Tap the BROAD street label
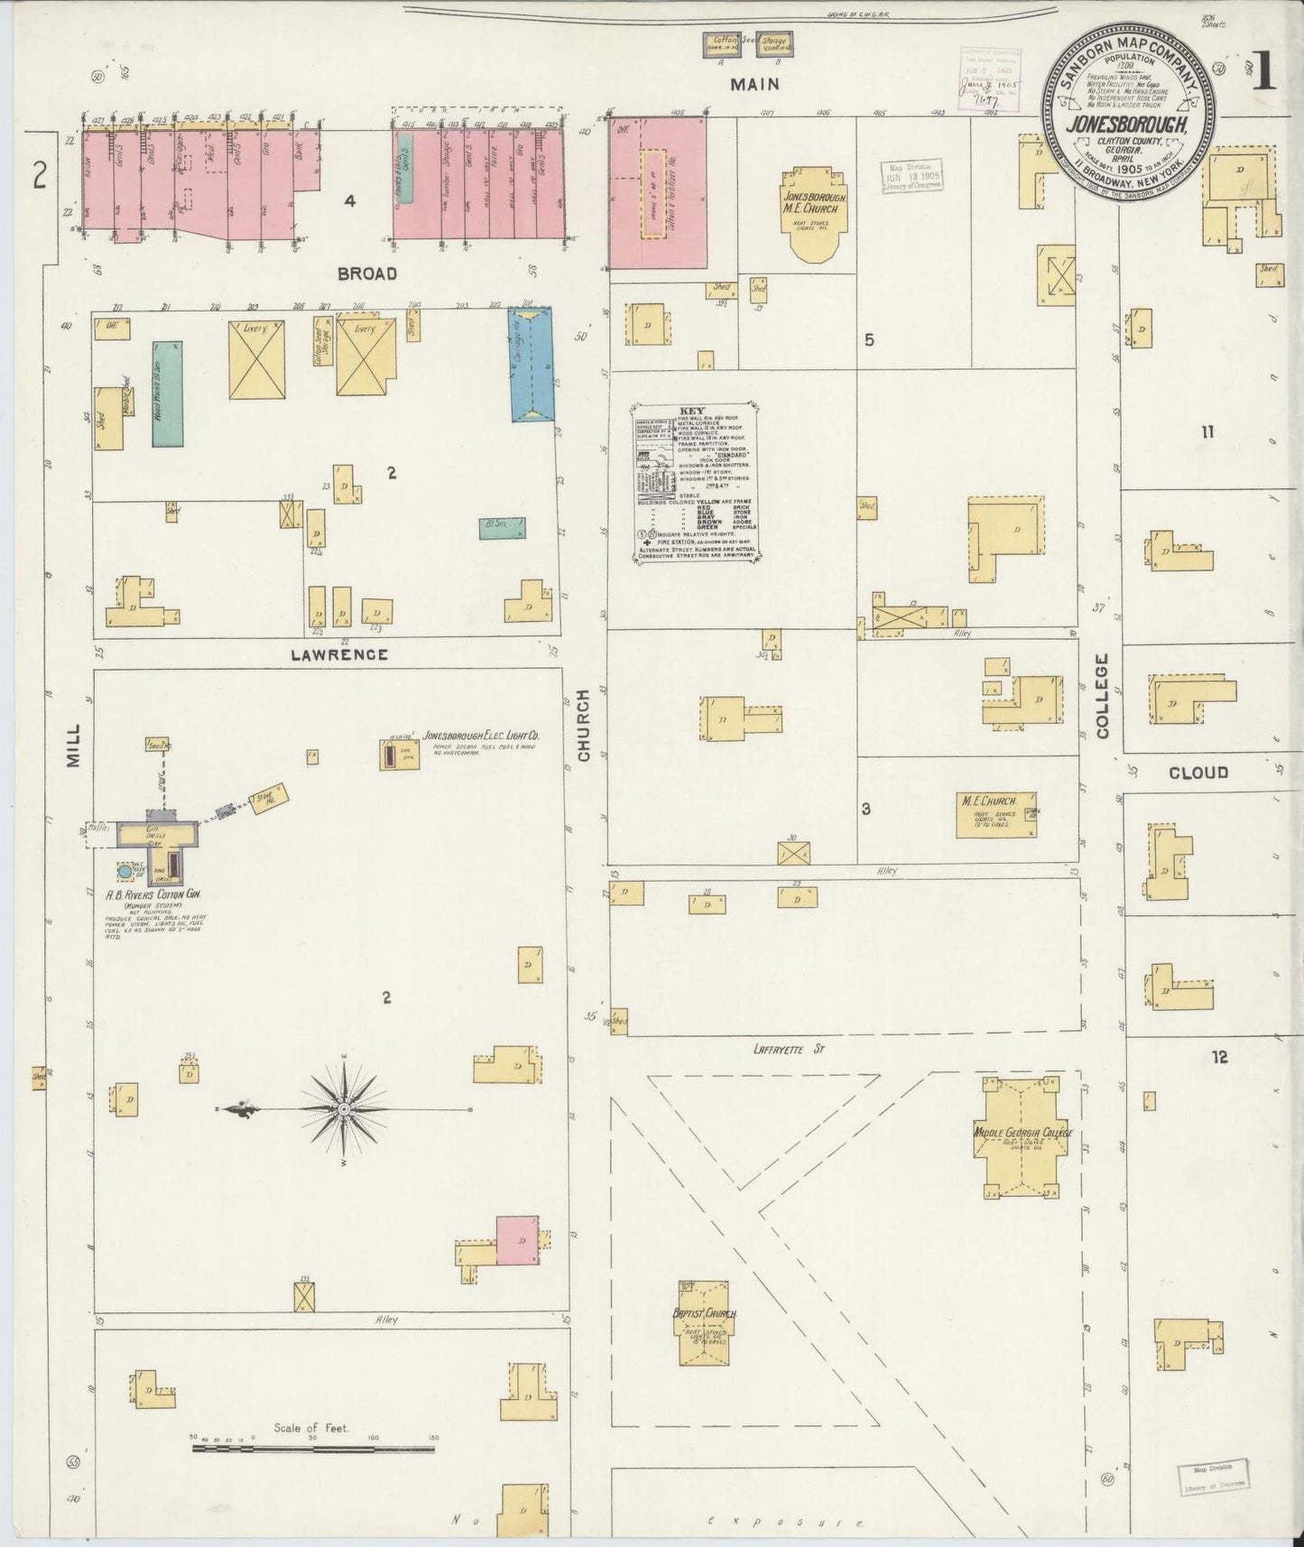tap(367, 273)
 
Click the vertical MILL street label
tap(74, 746)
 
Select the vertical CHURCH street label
tap(584, 724)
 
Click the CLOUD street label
tap(1198, 773)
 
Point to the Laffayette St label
tap(789, 1049)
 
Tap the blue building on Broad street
tap(532, 364)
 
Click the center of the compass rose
tap(345, 1108)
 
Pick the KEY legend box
tap(695, 482)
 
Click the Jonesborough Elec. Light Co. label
tap(481, 736)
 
